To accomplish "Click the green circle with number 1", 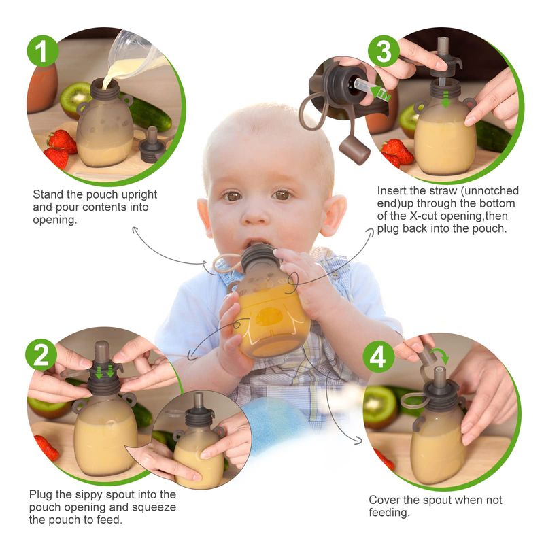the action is pos(43,50).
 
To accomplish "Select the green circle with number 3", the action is pos(384,50).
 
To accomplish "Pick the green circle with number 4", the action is pos(379,356).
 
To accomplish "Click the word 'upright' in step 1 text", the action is pos(137,195).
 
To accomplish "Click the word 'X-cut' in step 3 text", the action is pos(425,216).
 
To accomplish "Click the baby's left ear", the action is pos(334,215).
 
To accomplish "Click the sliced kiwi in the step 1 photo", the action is pos(75,99).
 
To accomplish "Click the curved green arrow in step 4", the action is pos(441,355).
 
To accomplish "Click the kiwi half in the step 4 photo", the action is pos(379,407).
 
